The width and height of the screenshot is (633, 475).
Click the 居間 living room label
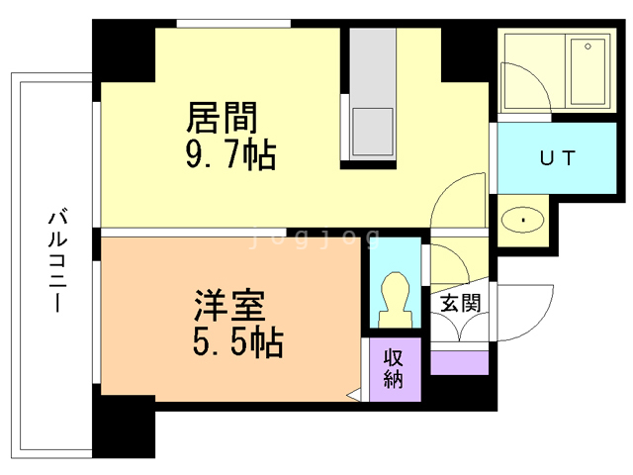[x=223, y=118]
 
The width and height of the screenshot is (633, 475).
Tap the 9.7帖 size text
[x=230, y=154]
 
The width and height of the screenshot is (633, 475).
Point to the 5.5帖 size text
[x=237, y=342]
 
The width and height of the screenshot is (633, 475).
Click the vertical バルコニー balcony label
[x=56, y=259]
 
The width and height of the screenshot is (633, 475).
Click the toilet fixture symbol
[x=395, y=294]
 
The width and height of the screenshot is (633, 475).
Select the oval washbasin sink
[x=521, y=220]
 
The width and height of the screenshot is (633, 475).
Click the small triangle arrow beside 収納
[x=353, y=396]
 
